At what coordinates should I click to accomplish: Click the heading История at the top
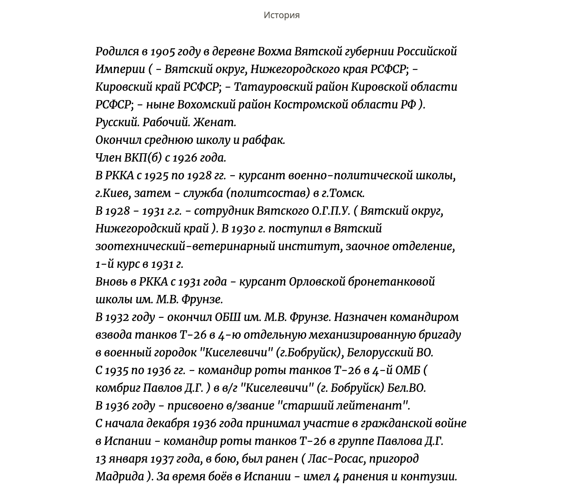(x=281, y=15)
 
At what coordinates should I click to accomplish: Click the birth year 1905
(x=162, y=52)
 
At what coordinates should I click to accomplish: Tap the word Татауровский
(x=272, y=87)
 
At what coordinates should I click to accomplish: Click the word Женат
(x=215, y=123)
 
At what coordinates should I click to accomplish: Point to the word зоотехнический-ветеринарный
(x=184, y=247)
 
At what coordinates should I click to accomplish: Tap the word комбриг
(x=118, y=388)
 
